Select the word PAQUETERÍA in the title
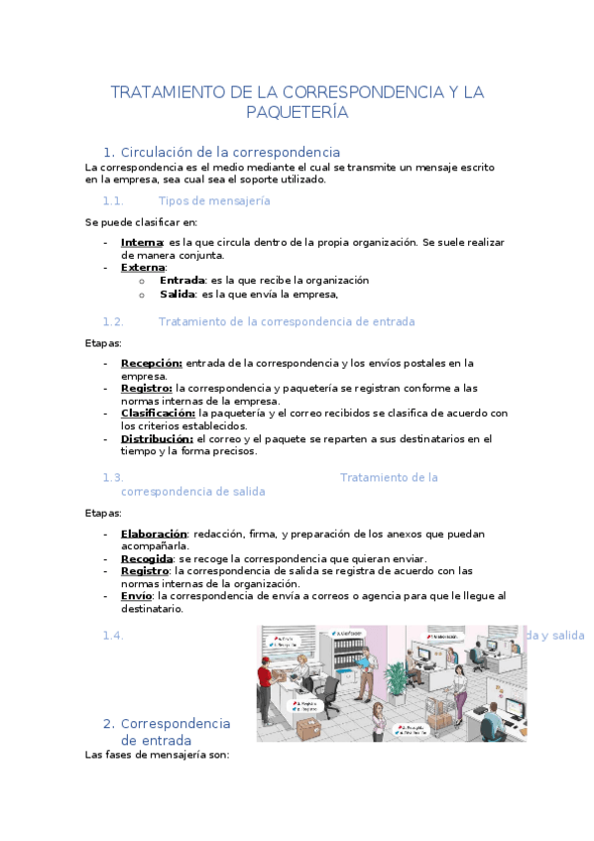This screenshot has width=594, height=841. click(297, 112)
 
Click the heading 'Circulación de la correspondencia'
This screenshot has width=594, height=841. click(229, 152)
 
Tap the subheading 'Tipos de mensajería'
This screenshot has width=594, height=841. click(214, 200)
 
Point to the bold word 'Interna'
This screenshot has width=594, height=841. click(142, 242)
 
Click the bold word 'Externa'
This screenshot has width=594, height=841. click(143, 268)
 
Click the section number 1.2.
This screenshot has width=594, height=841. click(112, 321)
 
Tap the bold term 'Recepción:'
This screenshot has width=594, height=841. click(151, 363)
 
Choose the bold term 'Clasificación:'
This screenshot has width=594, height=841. click(157, 413)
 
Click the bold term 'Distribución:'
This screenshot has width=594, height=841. click(156, 438)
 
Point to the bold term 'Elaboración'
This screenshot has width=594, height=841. click(153, 534)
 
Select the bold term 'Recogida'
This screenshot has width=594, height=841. click(147, 558)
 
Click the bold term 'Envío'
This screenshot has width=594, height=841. click(137, 596)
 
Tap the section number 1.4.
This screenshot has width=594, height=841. click(112, 636)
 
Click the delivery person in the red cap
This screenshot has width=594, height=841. click(265, 684)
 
